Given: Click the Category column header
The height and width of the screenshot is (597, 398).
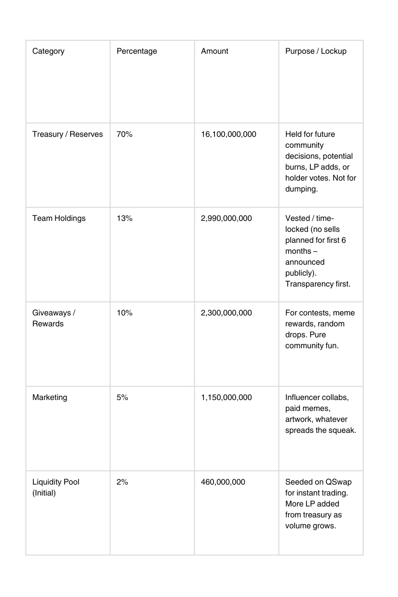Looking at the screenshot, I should point(48,51).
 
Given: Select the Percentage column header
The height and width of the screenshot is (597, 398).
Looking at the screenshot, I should point(136,51).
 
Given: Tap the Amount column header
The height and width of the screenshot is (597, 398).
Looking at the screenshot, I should point(214,51).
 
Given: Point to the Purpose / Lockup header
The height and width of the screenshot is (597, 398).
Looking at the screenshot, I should point(315,51).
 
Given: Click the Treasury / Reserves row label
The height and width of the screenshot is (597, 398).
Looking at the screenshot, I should point(68,134).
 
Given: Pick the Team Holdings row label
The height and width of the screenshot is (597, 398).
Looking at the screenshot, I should point(59,218).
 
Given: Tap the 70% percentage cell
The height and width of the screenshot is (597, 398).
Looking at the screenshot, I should point(124,134).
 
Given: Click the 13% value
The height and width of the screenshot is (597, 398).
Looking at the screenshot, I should point(124,218).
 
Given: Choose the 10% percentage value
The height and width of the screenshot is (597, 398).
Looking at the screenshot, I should point(124,313).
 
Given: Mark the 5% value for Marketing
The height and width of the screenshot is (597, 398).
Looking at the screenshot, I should point(122,398).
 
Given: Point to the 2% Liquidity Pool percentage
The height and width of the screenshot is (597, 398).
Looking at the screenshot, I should point(122,482).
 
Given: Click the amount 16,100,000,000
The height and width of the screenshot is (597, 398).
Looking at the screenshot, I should point(228,134).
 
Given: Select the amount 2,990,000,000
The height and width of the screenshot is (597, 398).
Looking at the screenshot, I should point(226,218).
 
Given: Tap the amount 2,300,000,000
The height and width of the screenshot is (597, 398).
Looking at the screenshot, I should point(226,313).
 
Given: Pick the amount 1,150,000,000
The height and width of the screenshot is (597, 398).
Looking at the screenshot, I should point(226,398).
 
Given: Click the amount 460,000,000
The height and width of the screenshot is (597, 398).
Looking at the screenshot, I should point(223,482).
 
